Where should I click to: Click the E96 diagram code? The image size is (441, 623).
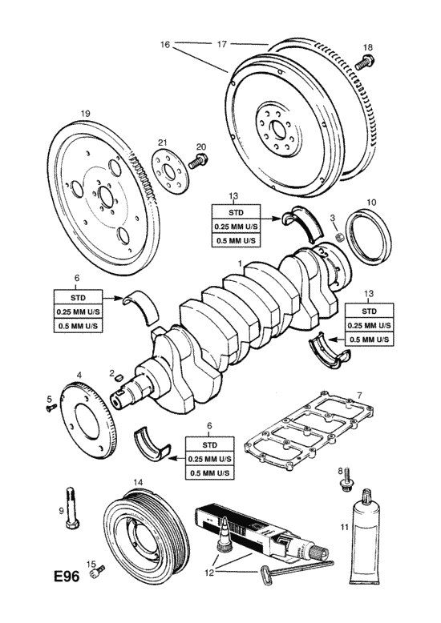click(67, 576)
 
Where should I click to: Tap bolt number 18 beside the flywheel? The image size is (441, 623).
click(365, 63)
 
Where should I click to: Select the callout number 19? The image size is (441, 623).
click(86, 114)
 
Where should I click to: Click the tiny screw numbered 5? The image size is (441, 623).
click(51, 408)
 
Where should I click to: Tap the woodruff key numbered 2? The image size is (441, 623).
click(117, 379)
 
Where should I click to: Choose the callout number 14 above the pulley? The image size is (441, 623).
click(138, 481)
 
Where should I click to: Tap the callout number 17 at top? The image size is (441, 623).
click(221, 44)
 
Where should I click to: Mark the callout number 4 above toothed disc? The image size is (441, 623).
click(79, 374)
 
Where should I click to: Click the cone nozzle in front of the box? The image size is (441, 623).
click(224, 534)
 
